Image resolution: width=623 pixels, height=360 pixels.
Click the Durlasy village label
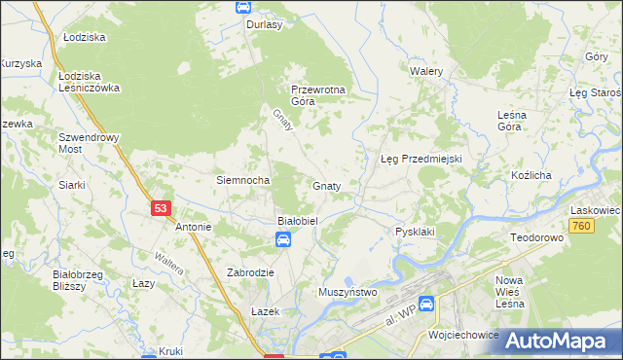tap(264, 24)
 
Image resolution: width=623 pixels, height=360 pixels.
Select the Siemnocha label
tap(242, 180)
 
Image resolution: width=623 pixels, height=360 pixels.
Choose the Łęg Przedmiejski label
tap(420, 159)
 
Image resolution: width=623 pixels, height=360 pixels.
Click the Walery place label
tap(426, 72)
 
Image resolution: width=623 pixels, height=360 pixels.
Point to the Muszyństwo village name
tap(348, 291)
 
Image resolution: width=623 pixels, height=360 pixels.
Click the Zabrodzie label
tap(250, 273)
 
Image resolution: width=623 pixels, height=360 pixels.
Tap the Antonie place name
tap(193, 227)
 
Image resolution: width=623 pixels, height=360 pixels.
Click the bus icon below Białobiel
tap(281, 241)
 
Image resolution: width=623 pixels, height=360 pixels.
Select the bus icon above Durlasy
tap(242, 7)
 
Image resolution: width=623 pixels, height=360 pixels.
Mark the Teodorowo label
tap(538, 237)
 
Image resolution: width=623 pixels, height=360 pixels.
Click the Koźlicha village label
tap(531, 175)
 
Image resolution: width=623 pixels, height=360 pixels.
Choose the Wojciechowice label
tap(463, 334)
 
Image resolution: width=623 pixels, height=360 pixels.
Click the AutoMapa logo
tap(559, 340)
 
